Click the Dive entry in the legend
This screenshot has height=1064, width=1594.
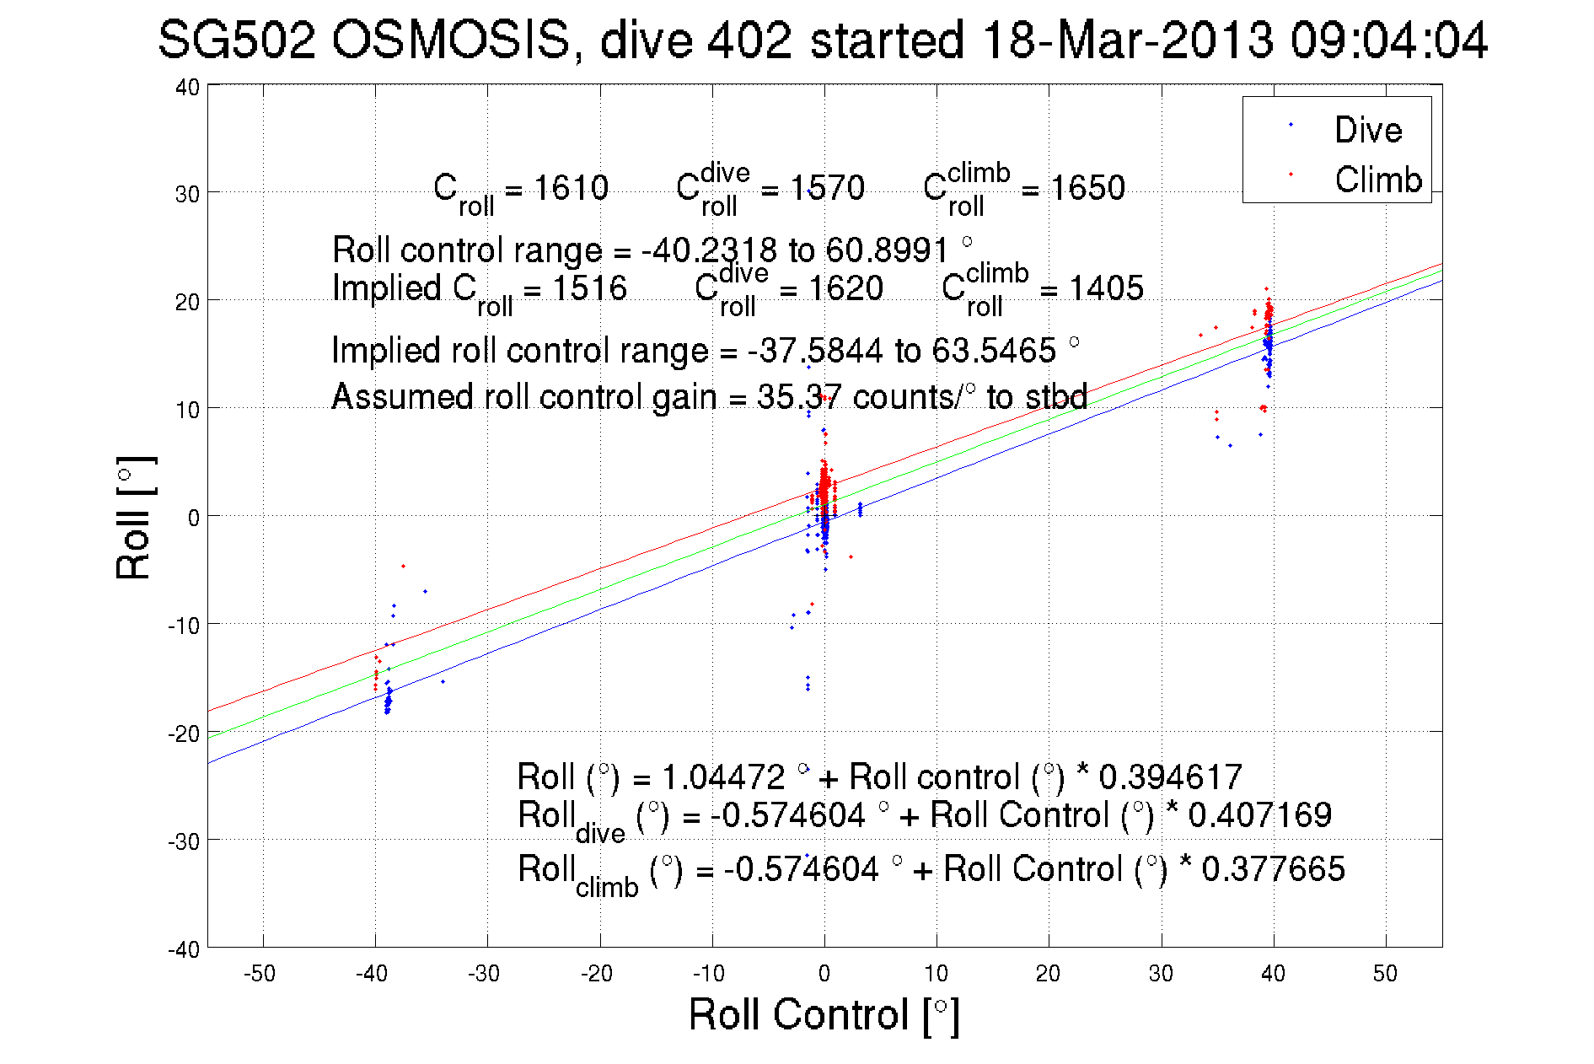pyautogui.click(x=1366, y=130)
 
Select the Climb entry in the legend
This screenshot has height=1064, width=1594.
pyautogui.click(x=1377, y=180)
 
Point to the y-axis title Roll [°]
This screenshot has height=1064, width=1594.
pyautogui.click(x=135, y=518)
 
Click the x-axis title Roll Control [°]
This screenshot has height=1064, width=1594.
pyautogui.click(x=824, y=1014)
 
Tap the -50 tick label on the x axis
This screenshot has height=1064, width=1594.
pyautogui.click(x=260, y=974)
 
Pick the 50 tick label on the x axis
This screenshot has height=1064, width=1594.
pyautogui.click(x=1385, y=974)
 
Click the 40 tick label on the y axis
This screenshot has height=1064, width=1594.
pyautogui.click(x=187, y=87)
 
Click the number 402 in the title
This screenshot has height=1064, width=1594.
pyautogui.click(x=749, y=40)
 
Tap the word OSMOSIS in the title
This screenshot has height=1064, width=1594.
pyautogui.click(x=451, y=40)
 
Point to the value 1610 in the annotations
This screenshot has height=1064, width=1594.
pyautogui.click(x=571, y=188)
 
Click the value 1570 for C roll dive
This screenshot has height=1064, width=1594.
pyautogui.click(x=827, y=188)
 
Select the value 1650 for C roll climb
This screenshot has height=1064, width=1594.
pyautogui.click(x=1087, y=188)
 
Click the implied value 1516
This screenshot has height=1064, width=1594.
pyautogui.click(x=589, y=288)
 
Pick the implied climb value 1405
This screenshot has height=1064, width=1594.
pyautogui.click(x=1106, y=288)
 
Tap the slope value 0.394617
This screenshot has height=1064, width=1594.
pyautogui.click(x=1170, y=777)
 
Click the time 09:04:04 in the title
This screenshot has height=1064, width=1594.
pyautogui.click(x=1389, y=40)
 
